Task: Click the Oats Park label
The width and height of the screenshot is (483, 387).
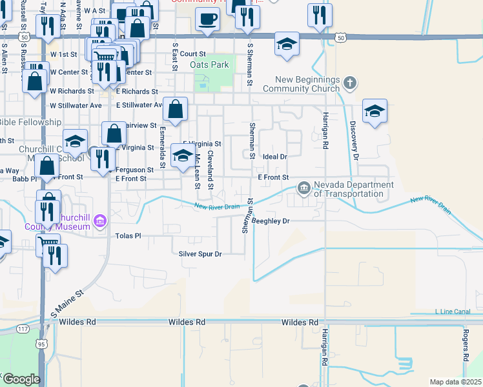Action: (210, 65)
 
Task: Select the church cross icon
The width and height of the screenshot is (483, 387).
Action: (350, 83)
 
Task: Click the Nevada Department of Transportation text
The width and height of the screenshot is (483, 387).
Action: (354, 189)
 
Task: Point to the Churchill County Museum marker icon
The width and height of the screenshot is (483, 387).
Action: (99, 223)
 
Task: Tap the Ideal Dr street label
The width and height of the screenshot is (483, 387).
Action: (274, 157)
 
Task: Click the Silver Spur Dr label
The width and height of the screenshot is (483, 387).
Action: (200, 254)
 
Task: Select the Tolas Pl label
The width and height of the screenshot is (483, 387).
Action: (128, 236)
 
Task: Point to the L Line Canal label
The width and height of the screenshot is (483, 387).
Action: (453, 312)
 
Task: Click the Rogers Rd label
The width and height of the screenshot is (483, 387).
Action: (465, 344)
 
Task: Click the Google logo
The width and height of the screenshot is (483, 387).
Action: (21, 379)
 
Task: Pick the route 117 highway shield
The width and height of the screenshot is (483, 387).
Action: (23, 329)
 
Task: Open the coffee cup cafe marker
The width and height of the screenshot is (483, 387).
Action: (207, 18)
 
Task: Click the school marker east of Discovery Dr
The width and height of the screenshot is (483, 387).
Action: (375, 111)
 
